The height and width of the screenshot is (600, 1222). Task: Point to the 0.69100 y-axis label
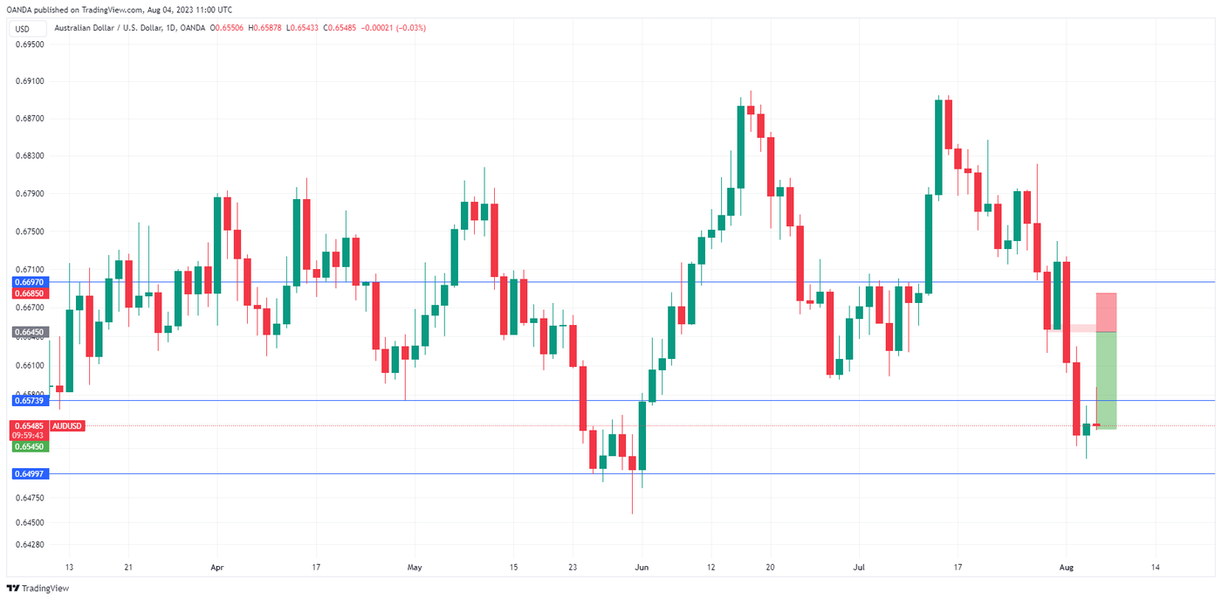(30, 81)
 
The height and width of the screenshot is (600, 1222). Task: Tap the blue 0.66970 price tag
(30, 282)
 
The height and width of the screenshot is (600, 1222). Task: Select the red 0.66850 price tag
(30, 293)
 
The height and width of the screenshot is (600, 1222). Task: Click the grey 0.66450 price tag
(30, 332)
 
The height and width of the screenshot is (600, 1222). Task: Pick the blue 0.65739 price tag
(30, 400)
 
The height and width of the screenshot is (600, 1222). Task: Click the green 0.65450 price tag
(30, 446)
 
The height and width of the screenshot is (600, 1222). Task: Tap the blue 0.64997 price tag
(30, 473)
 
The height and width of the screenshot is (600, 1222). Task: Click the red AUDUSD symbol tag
(67, 425)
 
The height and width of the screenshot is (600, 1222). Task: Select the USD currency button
(22, 29)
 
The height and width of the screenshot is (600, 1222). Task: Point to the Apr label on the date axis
(217, 567)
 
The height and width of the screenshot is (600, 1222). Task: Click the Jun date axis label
(642, 567)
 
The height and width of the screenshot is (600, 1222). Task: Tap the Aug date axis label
(1067, 567)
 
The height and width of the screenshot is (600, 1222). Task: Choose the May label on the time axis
(415, 567)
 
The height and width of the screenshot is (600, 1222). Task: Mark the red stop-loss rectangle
(1106, 312)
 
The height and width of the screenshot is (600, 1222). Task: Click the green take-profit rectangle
(1106, 380)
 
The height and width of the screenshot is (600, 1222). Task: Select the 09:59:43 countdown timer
(30, 435)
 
